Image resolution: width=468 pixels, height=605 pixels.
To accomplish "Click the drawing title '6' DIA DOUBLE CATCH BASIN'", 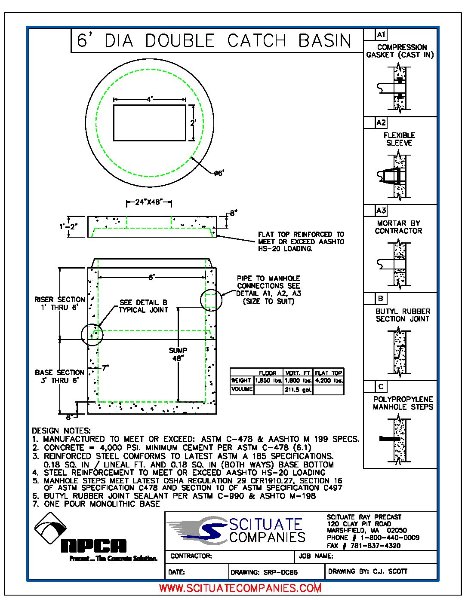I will [214, 40].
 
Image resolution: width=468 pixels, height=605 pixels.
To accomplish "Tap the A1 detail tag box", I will [381, 34].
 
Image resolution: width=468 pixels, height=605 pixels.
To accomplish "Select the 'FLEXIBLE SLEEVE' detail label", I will [399, 139].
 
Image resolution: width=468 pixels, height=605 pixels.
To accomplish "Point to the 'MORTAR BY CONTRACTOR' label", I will [398, 227].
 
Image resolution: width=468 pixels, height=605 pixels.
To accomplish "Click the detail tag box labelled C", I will [381, 387].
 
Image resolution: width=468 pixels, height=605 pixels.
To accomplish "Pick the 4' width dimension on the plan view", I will [149, 99].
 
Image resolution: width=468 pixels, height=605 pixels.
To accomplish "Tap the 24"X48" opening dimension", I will [149, 202].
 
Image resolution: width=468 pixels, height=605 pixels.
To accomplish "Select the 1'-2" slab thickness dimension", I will [68, 226].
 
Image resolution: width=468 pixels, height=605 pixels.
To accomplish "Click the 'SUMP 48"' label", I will [178, 354].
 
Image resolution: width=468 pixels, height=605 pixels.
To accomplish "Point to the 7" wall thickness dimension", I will [105, 368].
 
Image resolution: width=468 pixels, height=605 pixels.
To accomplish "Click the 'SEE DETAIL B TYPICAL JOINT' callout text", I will [143, 306].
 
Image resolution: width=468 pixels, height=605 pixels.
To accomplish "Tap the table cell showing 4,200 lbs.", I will [329, 381].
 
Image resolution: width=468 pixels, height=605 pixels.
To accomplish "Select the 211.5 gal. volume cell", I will [298, 390].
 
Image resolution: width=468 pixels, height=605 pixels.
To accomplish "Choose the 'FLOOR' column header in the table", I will [268, 373].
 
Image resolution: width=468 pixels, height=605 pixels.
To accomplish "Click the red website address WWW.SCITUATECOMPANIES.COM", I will [240, 588].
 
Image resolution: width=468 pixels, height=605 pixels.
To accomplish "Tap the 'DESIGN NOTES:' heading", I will [61, 431].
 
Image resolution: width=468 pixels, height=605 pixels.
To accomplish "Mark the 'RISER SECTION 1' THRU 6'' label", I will [60, 303].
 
